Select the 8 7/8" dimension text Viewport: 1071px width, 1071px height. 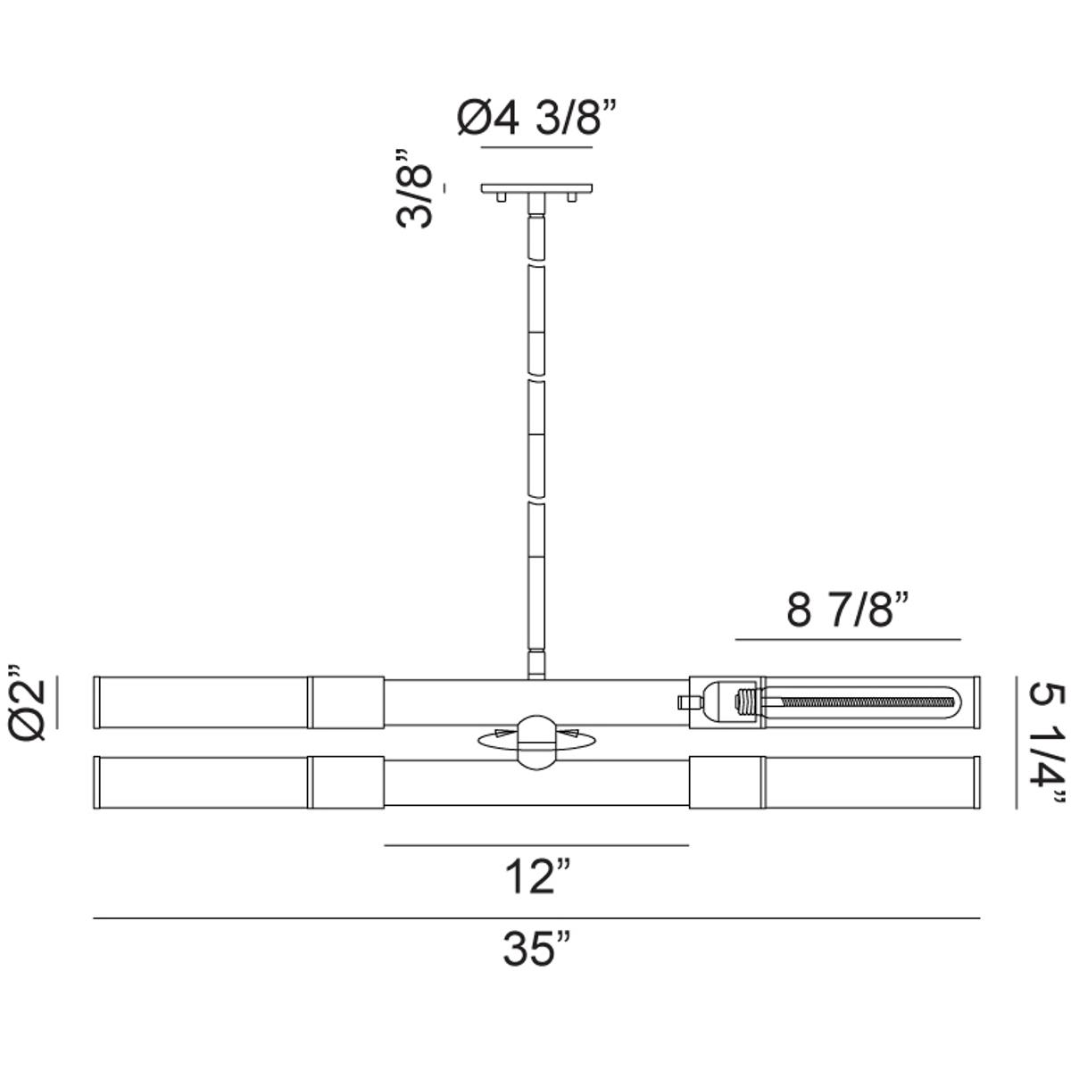(847, 611)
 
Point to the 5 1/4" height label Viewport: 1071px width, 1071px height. (1045, 743)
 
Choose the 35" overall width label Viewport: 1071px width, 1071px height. (536, 948)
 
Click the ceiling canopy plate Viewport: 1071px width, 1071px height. (536, 189)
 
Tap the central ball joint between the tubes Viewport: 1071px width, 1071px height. (535, 741)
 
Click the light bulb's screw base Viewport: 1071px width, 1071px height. (746, 702)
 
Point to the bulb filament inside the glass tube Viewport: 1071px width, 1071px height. (857, 702)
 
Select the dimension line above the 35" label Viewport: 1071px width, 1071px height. (536, 917)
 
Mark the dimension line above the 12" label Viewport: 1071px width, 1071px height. (536, 844)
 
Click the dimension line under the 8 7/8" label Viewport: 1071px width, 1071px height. (847, 640)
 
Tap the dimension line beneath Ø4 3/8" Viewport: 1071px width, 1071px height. (536, 146)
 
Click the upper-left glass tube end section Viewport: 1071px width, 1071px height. (202, 702)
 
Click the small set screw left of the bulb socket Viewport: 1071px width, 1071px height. (686, 702)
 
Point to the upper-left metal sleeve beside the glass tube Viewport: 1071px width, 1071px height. (346, 702)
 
